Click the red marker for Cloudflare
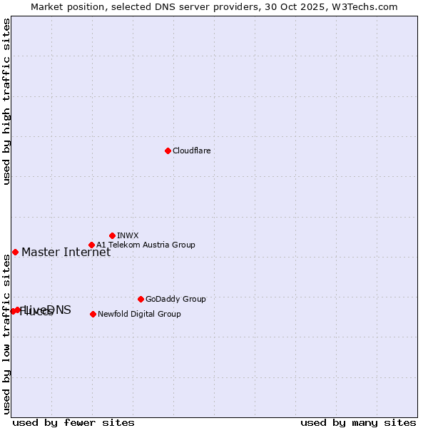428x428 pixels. (168, 151)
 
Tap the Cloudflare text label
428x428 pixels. (191, 151)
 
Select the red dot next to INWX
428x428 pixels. (113, 235)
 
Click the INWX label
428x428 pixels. (128, 235)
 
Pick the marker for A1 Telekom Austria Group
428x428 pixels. (91, 245)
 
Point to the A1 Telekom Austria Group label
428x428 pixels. (146, 245)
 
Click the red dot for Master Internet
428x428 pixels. (15, 252)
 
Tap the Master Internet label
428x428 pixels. (66, 252)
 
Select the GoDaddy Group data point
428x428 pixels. (141, 299)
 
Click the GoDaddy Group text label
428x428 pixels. (175, 299)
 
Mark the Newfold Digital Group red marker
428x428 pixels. (93, 314)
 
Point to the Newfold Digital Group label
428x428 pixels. (139, 314)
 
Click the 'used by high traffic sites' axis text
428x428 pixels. (6, 101)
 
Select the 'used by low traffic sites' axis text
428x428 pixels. (6, 334)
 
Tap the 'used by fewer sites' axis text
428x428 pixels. (73, 422)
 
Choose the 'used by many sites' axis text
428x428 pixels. (358, 422)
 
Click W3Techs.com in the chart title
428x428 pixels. (368, 6)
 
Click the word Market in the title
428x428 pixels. (48, 6)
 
